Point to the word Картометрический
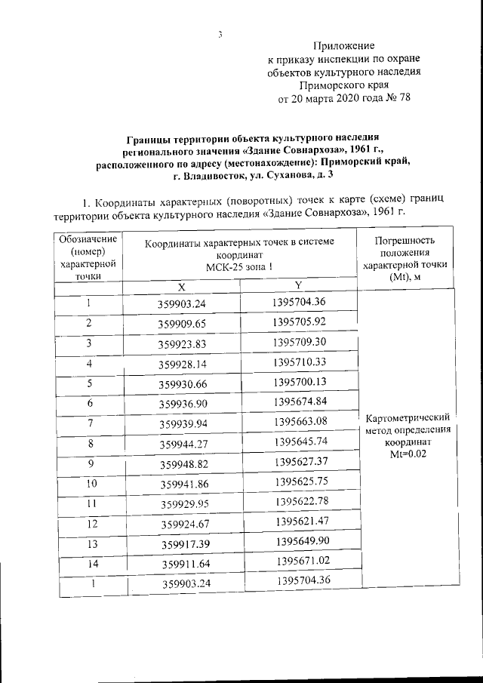[x=407, y=417]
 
